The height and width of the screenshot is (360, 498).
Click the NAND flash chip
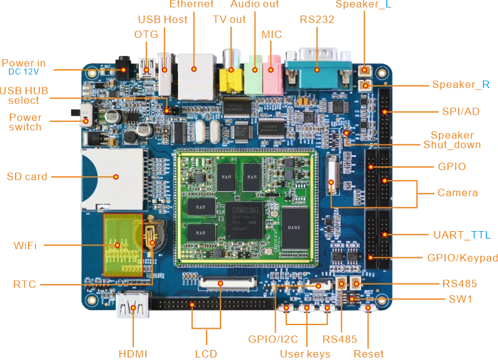click(x=295, y=229)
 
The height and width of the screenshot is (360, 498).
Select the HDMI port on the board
click(x=132, y=305)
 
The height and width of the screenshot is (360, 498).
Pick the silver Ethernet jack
click(x=194, y=74)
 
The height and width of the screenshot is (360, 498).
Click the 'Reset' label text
click(x=369, y=353)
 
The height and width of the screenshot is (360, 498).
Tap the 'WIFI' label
click(x=26, y=246)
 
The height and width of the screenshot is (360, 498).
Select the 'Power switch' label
click(x=26, y=121)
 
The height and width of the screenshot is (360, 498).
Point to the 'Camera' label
click(x=458, y=193)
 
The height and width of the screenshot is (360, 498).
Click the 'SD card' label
click(x=27, y=176)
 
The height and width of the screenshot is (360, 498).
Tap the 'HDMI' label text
click(x=132, y=353)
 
